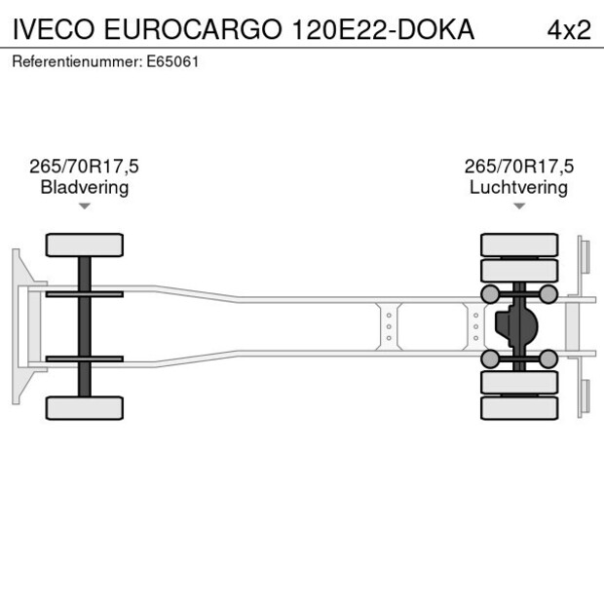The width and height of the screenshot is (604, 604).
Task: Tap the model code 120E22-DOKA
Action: click(383, 29)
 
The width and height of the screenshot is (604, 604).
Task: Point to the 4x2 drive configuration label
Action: click(568, 29)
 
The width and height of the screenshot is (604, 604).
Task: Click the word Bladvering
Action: click(85, 187)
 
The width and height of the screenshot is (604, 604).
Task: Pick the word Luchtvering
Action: click(518, 187)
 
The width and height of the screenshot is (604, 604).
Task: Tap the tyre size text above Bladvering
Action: click(85, 167)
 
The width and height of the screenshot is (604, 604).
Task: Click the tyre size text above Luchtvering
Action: click(518, 167)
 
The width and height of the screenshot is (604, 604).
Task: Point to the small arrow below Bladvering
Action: click(85, 206)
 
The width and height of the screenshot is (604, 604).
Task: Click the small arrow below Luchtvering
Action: click(518, 206)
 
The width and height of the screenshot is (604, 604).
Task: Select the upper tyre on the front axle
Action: click(85, 245)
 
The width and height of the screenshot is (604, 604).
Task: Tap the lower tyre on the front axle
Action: click(85, 407)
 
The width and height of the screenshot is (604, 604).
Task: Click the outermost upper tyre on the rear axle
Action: click(518, 244)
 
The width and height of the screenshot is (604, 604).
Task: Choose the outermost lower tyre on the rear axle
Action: click(518, 408)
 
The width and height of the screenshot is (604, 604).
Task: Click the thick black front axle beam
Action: click(85, 326)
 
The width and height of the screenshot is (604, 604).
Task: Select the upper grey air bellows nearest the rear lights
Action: click(548, 294)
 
